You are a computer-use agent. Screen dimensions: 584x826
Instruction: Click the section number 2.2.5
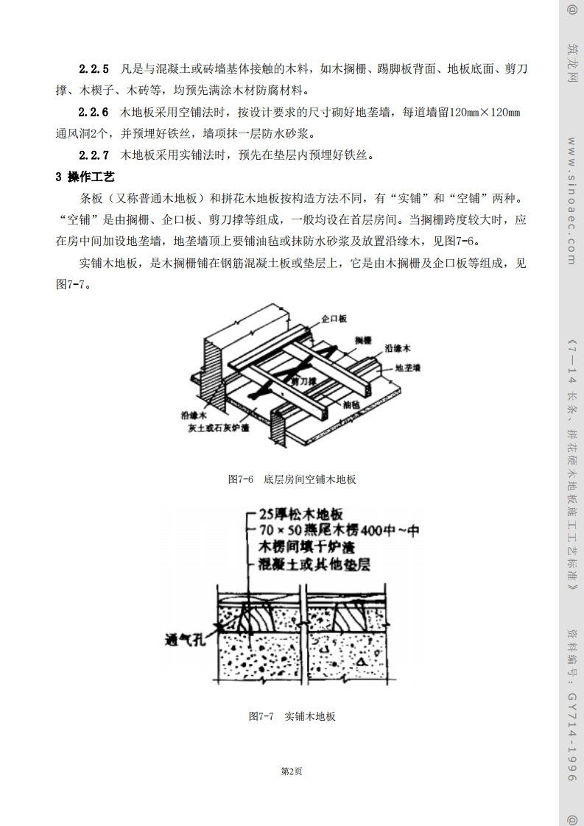(x=94, y=69)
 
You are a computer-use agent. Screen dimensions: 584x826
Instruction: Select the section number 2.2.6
(x=94, y=113)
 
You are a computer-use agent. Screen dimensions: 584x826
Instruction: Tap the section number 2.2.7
(x=94, y=155)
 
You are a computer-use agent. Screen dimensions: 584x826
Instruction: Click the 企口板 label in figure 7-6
(x=334, y=318)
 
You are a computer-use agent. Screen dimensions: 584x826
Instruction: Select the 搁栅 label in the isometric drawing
(x=362, y=339)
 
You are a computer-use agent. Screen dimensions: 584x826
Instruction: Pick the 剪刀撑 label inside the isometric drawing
(x=303, y=382)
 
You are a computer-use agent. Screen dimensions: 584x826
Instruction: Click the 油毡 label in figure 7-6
(x=351, y=404)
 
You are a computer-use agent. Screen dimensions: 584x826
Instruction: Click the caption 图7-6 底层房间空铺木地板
(x=292, y=479)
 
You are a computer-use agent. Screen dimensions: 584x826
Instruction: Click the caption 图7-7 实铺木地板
(x=292, y=716)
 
